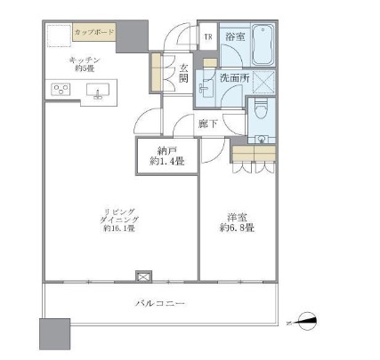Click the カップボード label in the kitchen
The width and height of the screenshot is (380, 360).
click(x=92, y=32)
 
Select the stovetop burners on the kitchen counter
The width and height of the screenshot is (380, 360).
click(x=62, y=88)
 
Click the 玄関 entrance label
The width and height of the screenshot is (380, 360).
click(x=182, y=72)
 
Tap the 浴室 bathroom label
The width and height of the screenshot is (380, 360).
click(x=235, y=36)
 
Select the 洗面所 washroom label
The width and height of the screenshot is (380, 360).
click(x=233, y=78)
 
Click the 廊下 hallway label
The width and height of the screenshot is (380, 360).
click(x=208, y=123)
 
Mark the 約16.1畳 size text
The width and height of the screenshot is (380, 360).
click(x=117, y=228)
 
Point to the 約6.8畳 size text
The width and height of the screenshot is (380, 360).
click(x=234, y=228)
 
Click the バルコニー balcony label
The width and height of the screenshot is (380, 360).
click(x=161, y=304)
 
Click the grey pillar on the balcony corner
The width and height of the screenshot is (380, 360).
click(x=53, y=335)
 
